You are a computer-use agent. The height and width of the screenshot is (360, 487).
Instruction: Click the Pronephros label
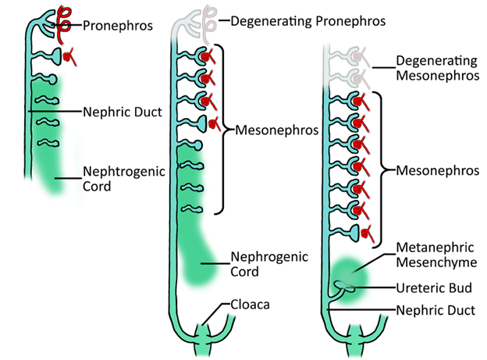point(118,26)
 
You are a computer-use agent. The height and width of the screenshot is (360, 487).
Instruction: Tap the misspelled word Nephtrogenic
point(124,171)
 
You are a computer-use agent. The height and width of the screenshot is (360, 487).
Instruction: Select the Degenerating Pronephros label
point(308,21)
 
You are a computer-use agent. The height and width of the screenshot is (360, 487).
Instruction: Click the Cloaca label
point(250,305)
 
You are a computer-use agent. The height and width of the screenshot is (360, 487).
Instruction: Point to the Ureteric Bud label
point(434,288)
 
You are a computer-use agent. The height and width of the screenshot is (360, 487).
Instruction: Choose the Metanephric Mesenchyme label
point(436,255)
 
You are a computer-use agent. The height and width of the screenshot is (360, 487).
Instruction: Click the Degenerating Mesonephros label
point(438,68)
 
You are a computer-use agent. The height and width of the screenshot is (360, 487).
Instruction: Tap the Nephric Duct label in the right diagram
point(435,310)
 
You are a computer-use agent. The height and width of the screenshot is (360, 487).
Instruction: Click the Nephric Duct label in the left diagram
point(123,112)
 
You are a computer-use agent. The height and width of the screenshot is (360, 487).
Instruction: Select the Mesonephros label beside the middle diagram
point(277,130)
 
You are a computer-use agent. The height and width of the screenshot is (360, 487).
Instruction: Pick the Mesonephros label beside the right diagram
point(438,171)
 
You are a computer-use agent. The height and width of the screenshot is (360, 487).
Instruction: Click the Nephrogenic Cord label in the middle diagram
point(269,264)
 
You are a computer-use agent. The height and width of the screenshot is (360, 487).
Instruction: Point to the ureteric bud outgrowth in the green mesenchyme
point(344,287)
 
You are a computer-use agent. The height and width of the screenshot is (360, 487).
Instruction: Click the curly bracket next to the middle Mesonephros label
point(224,130)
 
